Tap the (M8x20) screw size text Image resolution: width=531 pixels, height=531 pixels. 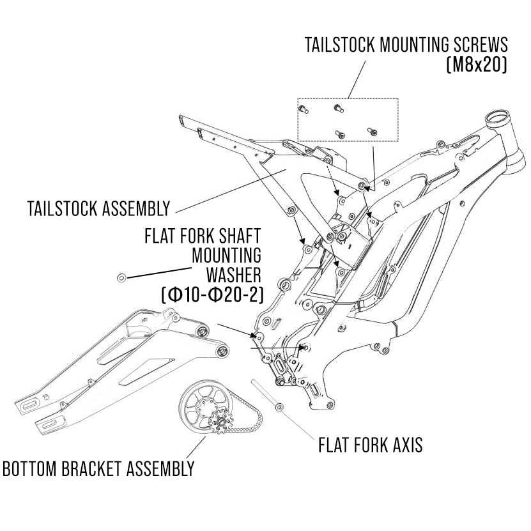tap(476, 66)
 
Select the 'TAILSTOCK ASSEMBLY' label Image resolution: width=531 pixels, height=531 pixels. tap(99, 209)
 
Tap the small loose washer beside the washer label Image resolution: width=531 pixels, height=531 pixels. tap(121, 277)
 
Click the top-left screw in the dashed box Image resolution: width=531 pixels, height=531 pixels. tap(304, 110)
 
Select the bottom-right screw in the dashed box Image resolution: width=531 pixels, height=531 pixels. tap(371, 131)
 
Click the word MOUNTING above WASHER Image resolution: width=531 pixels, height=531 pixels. tap(227, 255)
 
